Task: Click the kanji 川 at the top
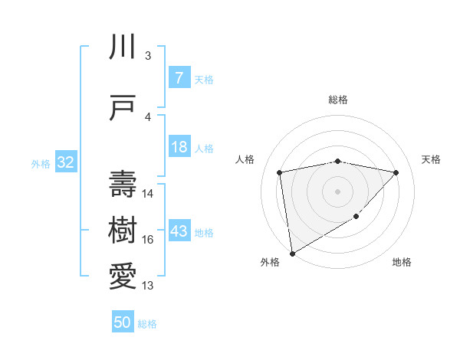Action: pos(123,47)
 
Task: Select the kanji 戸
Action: pos(123,108)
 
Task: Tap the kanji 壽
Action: pos(123,183)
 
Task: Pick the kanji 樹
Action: pos(123,227)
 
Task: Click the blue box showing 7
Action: pos(179,77)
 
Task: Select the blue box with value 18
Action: pos(179,147)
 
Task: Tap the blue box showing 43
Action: pos(179,231)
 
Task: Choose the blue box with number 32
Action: pos(65,162)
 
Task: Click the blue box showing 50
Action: pos(123,322)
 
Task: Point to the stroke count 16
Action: pos(147,240)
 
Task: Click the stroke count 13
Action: pos(147,286)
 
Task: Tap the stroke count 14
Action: pos(148,194)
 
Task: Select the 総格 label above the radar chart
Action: pos(338,100)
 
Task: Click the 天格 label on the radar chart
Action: pos(432,159)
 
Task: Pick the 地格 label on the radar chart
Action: pos(402,262)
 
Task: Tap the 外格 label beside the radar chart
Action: pos(270,262)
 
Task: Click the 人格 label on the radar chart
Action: pos(245,159)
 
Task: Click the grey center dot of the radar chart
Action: pos(338,191)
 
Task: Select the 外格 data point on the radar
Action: pos(291,253)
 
